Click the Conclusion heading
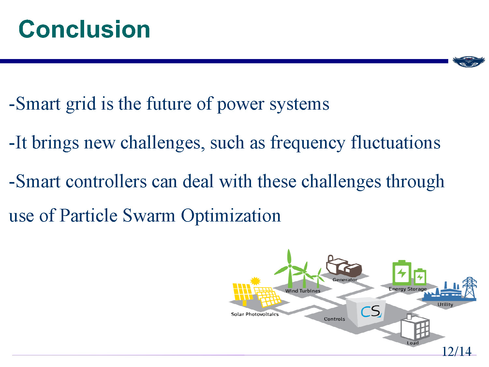click(84, 29)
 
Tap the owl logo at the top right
click(468, 61)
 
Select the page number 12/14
click(456, 351)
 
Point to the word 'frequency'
click(308, 143)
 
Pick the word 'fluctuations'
click(395, 143)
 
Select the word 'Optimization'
click(231, 216)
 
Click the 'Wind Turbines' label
click(303, 291)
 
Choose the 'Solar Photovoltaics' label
click(255, 314)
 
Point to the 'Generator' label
click(345, 280)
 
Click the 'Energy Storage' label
click(407, 289)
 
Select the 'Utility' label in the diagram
click(445, 304)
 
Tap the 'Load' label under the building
click(412, 343)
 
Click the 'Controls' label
click(334, 319)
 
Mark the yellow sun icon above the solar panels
click(255, 281)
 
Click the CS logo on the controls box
click(371, 311)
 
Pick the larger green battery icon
click(402, 272)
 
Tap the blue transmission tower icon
click(469, 288)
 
